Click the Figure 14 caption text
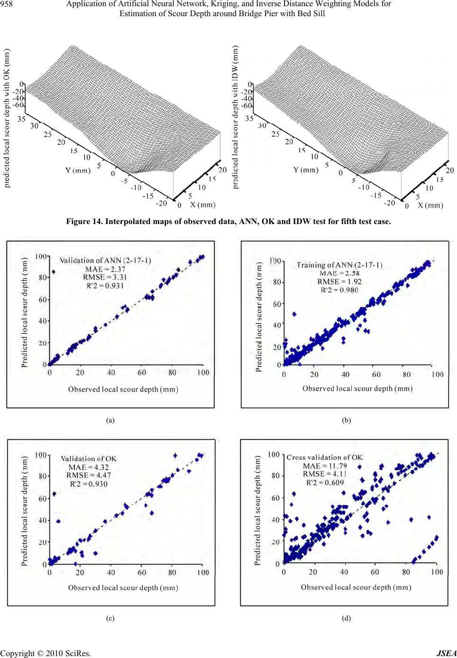point(228,222)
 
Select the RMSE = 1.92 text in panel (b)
point(339,282)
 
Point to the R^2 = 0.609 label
point(325,482)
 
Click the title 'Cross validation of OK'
point(324,457)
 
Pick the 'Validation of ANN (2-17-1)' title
point(105,260)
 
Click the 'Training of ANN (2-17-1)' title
point(339,265)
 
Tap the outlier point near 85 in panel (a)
point(54,272)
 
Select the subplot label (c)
point(110,618)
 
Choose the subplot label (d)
point(347,618)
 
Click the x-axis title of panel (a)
point(123,389)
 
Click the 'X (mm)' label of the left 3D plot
point(202,205)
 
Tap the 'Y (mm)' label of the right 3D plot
point(305,170)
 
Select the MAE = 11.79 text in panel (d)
point(325,466)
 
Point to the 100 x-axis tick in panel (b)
point(437,375)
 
